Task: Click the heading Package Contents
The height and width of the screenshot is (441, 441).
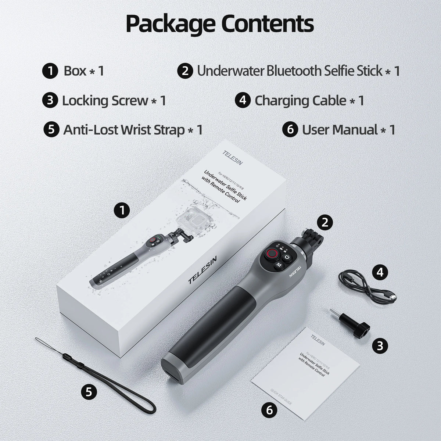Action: [x=220, y=24]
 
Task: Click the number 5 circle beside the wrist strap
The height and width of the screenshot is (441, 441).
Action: [x=89, y=392]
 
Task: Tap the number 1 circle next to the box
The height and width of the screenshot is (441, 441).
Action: [x=122, y=210]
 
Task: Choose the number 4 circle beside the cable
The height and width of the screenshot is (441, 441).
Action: [x=380, y=272]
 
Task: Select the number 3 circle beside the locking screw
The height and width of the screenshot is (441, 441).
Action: [x=380, y=345]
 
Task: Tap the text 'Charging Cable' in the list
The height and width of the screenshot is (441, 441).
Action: [x=300, y=100]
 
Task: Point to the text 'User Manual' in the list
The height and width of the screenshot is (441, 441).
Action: [x=340, y=129]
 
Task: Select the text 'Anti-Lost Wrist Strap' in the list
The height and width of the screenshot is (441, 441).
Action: [x=124, y=129]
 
